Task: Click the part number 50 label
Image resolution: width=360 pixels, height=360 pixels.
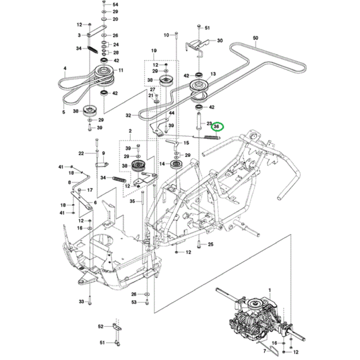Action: [256, 38]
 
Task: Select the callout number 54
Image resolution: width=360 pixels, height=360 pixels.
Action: [115, 4]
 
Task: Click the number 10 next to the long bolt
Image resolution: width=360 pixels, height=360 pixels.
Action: [166, 35]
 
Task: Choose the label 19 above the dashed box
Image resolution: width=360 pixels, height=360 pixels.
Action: [153, 50]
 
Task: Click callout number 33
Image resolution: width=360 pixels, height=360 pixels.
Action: [81, 301]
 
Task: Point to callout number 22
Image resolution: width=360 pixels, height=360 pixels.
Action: [81, 153]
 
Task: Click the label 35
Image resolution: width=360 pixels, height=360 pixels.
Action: [132, 201]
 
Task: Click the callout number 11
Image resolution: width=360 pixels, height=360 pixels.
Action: [121, 70]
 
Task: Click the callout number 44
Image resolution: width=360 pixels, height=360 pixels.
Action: [172, 113]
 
